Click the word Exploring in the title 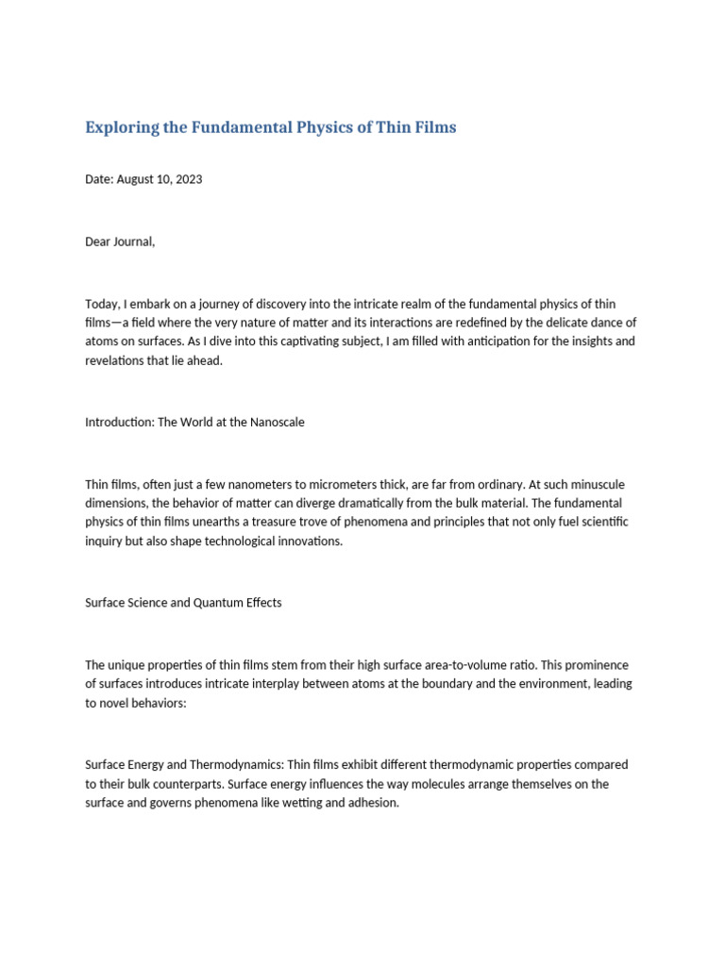click(x=121, y=127)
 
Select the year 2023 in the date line click(x=187, y=179)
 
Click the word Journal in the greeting click(x=132, y=241)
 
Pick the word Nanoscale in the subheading click(x=277, y=422)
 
